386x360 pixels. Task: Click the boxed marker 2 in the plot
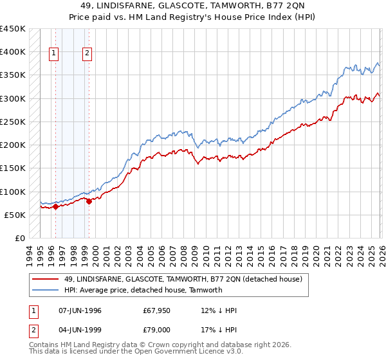click(86, 54)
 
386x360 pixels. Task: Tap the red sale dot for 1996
click(56, 206)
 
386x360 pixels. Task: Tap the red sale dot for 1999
click(89, 201)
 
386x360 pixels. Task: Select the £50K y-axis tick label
click(15, 215)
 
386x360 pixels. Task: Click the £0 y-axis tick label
click(21, 239)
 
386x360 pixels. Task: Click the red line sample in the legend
click(46, 279)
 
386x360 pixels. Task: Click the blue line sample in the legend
click(46, 290)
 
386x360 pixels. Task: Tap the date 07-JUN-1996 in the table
click(80, 310)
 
